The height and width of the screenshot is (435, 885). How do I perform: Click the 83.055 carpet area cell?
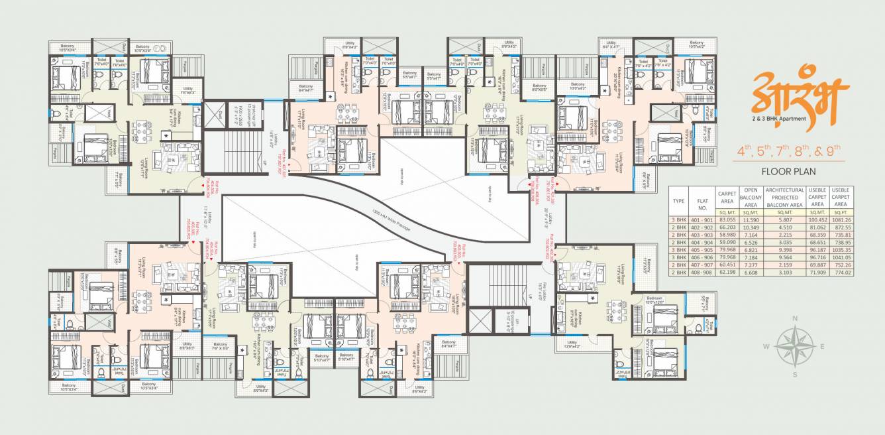[727, 219]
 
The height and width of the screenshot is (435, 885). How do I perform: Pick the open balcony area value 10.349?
[751, 227]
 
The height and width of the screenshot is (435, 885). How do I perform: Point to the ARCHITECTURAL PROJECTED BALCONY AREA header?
[784, 196]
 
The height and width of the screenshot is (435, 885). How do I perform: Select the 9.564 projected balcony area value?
[784, 258]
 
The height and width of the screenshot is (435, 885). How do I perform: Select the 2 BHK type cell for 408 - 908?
[678, 273]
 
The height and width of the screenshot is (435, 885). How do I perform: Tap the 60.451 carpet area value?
[727, 265]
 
